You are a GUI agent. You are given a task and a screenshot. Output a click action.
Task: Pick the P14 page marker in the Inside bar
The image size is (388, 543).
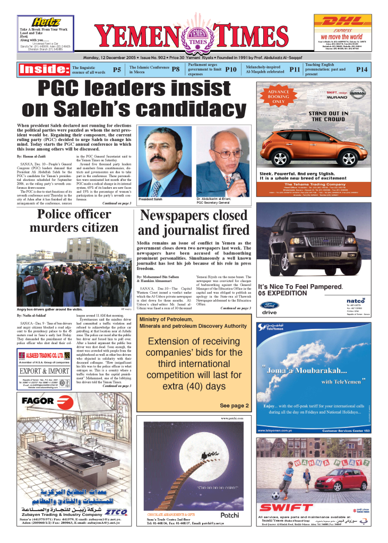click(361, 69)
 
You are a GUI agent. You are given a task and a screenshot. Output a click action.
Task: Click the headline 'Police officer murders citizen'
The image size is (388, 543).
click(74, 221)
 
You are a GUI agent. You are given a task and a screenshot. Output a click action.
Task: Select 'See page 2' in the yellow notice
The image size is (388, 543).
click(234, 406)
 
